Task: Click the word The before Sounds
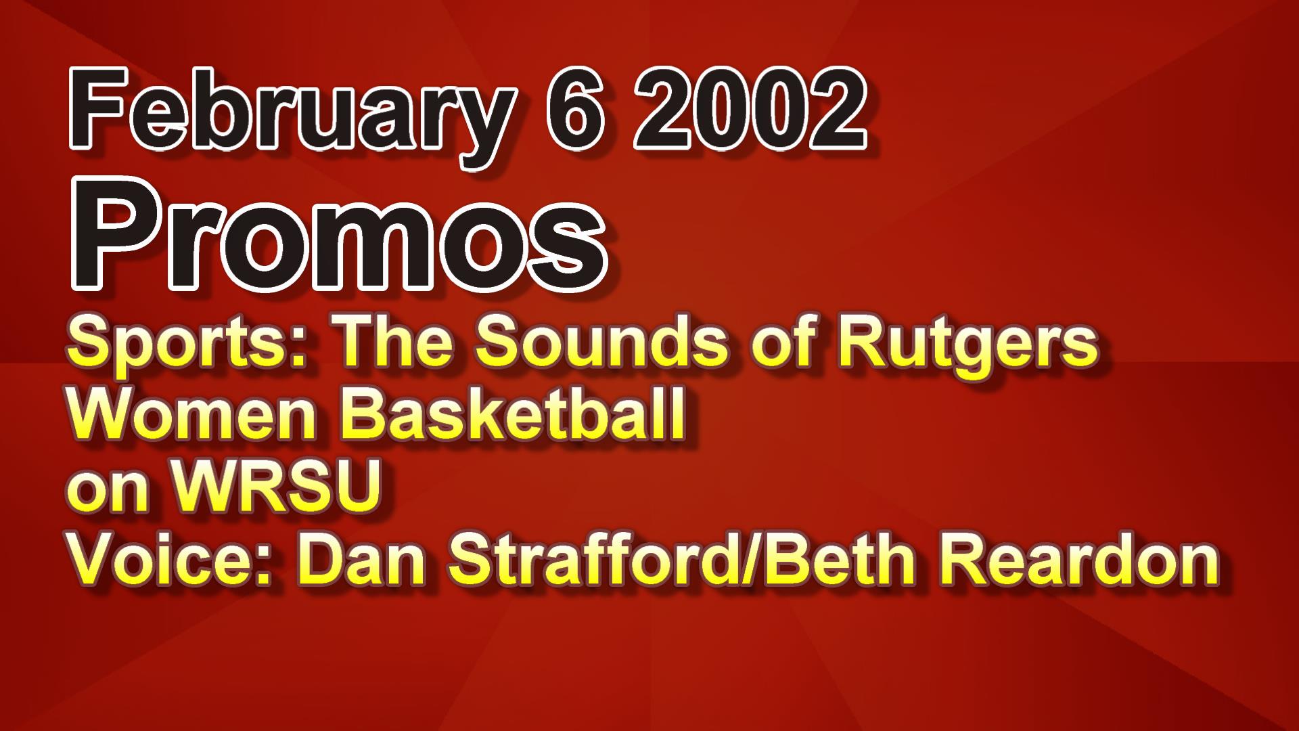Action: click(x=396, y=342)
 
